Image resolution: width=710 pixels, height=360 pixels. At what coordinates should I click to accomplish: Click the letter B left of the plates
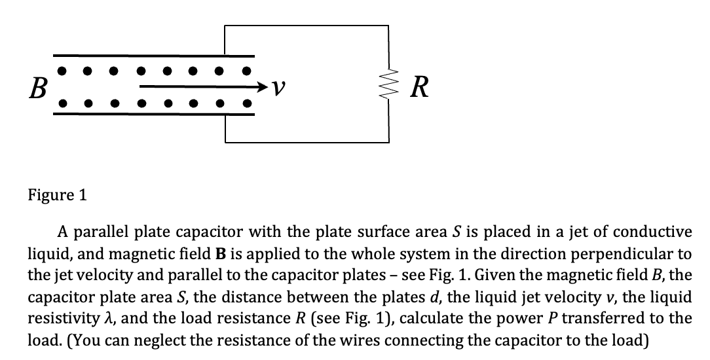pos(37,87)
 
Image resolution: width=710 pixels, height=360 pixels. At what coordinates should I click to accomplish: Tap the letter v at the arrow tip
pos(278,86)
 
